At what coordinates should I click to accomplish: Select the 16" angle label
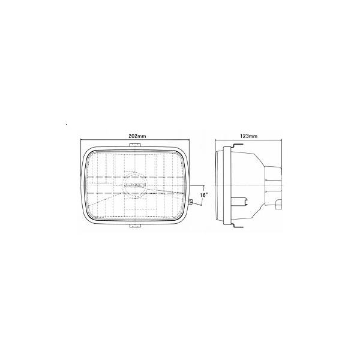point(203,195)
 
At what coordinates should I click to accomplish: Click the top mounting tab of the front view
point(137,145)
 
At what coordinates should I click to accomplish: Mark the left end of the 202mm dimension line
point(81,140)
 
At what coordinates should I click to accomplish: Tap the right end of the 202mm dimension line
point(191,140)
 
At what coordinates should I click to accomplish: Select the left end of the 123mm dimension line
point(215,140)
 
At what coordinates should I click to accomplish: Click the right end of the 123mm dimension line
point(283,140)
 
